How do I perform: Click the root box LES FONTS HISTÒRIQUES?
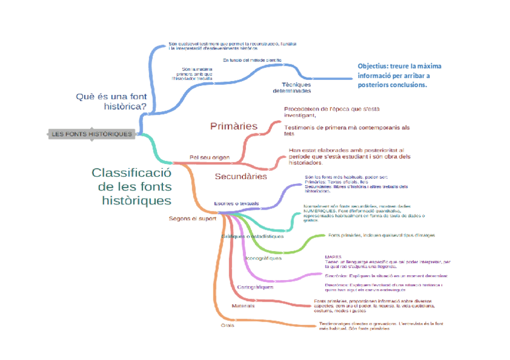pyautogui.click(x=91, y=133)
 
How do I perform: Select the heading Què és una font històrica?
pyautogui.click(x=112, y=102)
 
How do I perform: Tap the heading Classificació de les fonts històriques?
pyautogui.click(x=132, y=186)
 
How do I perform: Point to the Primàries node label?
pyautogui.click(x=233, y=126)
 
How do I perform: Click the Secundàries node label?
pyautogui.click(x=241, y=177)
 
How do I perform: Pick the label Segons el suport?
pyautogui.click(x=192, y=218)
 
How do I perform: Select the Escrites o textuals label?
pyautogui.click(x=236, y=204)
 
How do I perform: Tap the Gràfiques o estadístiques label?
pyautogui.click(x=253, y=236)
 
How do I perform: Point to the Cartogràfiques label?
pyautogui.click(x=255, y=287)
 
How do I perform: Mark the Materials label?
pyautogui.click(x=243, y=306)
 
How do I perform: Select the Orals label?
pyautogui.click(x=227, y=325)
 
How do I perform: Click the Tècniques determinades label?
pyautogui.click(x=292, y=87)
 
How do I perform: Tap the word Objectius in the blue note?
pyautogui.click(x=372, y=66)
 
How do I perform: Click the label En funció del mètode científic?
pyautogui.click(x=252, y=60)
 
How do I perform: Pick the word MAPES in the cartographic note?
pyautogui.click(x=333, y=257)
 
